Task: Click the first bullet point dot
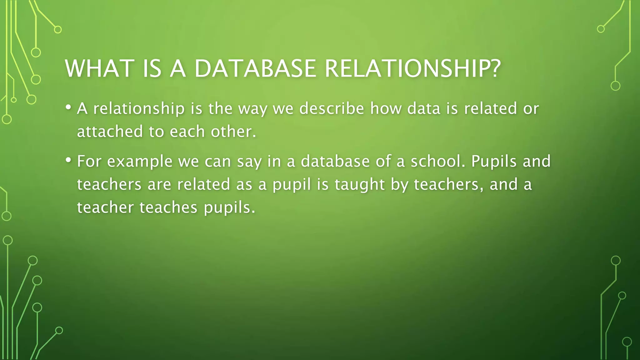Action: click(68, 107)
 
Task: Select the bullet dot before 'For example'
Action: click(68, 160)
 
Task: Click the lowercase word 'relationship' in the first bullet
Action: click(139, 109)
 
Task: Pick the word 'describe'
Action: click(332, 109)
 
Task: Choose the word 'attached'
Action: click(110, 132)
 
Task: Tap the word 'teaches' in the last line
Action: click(168, 207)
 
